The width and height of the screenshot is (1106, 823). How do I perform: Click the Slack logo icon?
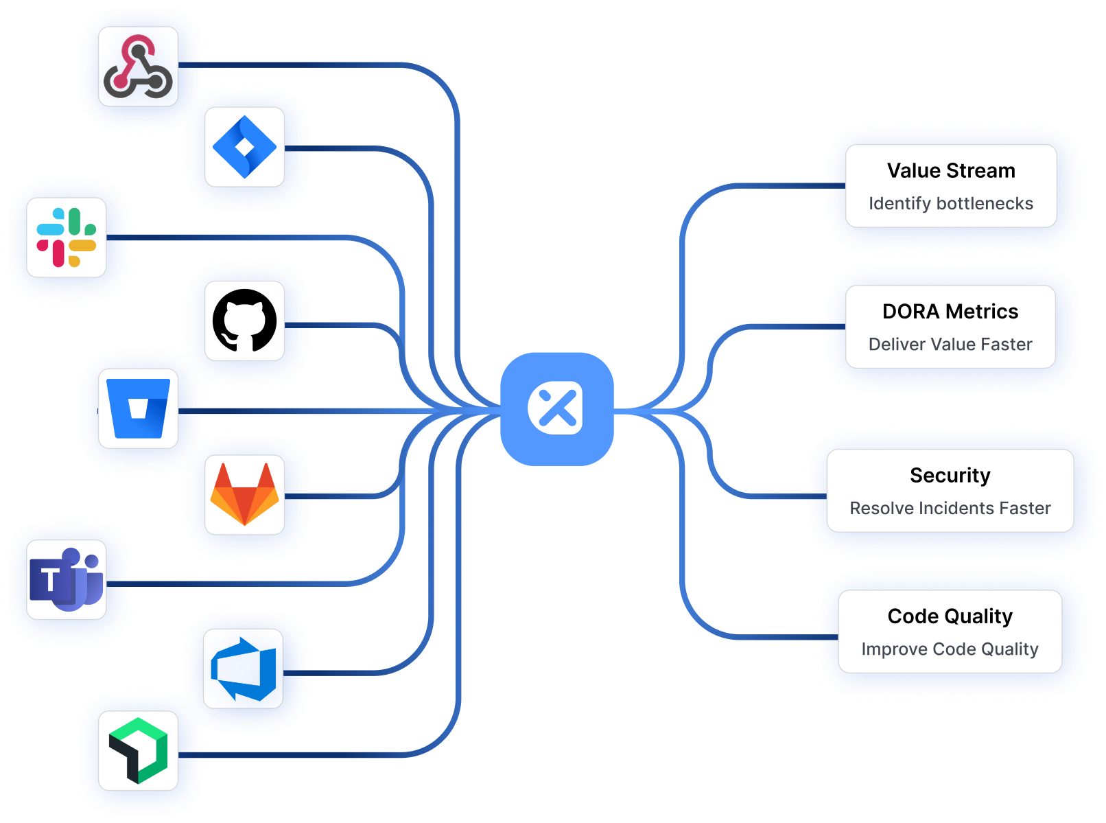coord(67,237)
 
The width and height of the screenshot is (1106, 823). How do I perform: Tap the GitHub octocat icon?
coord(244,321)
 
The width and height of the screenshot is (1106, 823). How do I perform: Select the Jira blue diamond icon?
coord(244,147)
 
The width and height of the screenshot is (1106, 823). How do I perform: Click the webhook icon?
coord(138,67)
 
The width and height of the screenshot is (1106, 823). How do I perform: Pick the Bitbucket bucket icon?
coord(138,408)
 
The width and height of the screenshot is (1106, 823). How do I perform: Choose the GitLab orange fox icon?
coord(244,494)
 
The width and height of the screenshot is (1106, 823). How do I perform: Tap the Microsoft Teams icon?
coord(67,580)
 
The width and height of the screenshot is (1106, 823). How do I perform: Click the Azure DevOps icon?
coord(244,669)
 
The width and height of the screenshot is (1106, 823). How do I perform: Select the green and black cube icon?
coord(138,750)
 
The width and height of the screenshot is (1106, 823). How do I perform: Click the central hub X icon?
coord(556,409)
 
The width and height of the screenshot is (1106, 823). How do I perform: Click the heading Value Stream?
coord(950,171)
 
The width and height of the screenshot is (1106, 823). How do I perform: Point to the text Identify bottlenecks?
coord(950,204)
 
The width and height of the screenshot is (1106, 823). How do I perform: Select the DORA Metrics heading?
coord(950,312)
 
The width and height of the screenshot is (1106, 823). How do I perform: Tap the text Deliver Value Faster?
coord(950,345)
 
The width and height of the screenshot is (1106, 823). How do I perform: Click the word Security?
coord(950,476)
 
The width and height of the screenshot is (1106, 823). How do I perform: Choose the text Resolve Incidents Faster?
coord(950,509)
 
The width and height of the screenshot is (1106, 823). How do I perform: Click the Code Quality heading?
coord(950,616)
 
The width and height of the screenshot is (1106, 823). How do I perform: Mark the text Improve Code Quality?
coord(950,649)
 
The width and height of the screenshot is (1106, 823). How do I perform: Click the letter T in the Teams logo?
coord(49,581)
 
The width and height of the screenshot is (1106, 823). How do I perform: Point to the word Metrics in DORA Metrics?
coord(982,312)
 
